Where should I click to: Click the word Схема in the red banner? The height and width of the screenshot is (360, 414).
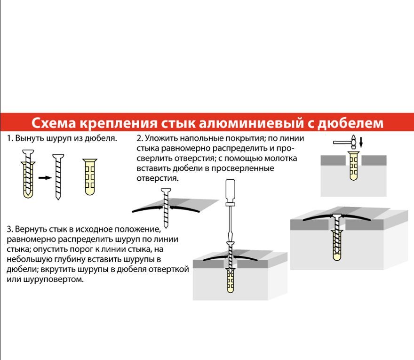click(53, 123)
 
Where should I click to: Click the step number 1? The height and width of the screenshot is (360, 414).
click(9, 139)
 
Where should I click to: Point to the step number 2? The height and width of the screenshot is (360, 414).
click(139, 139)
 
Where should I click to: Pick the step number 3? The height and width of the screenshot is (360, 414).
click(9, 230)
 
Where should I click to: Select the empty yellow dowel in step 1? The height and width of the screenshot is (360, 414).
click(89, 176)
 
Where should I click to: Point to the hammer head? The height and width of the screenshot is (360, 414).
click(350, 140)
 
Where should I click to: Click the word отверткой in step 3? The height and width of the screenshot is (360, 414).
click(171, 270)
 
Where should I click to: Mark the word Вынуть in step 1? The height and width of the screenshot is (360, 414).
click(28, 139)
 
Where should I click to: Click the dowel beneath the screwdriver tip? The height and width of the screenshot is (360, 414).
click(231, 281)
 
